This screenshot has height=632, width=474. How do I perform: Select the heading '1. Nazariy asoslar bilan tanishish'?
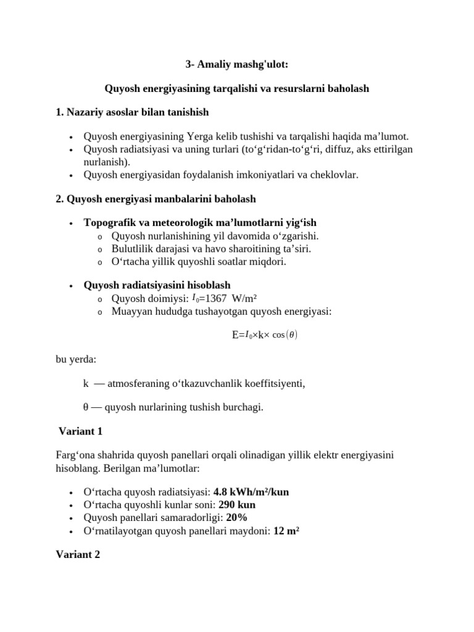pos(132,112)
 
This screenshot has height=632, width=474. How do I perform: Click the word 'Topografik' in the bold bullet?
pos(106,222)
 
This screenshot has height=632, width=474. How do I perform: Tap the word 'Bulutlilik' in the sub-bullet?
pos(131,249)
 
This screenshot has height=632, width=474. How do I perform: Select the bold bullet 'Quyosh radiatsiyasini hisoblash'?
pos(157,285)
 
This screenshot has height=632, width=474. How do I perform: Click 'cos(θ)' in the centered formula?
pos(284,335)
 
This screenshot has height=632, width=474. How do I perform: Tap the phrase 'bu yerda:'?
pos(76,359)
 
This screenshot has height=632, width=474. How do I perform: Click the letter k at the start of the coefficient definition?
pos(86,383)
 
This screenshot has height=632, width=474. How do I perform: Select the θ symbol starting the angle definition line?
pos(86,407)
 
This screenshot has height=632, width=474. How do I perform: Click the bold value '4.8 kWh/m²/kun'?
pos(251,492)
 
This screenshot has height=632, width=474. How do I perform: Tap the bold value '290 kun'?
pos(233,504)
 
